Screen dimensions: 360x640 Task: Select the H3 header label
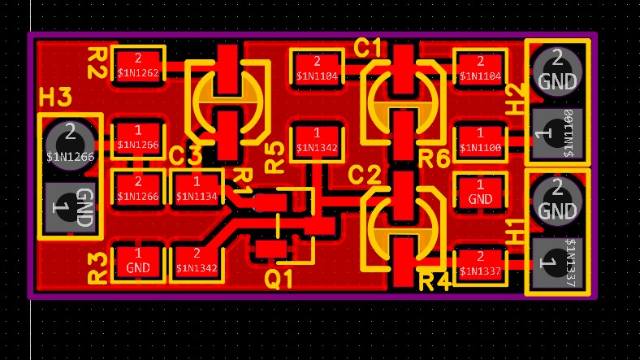(x=56, y=98)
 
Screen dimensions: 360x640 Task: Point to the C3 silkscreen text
(x=185, y=154)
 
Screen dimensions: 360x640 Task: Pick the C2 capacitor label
(x=364, y=175)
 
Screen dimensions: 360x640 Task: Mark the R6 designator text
(x=434, y=159)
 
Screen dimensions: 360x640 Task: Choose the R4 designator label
(x=435, y=283)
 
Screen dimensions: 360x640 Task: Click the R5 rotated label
(x=275, y=156)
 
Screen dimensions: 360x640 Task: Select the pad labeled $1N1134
(x=197, y=189)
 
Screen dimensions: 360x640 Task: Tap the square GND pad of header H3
(x=70, y=208)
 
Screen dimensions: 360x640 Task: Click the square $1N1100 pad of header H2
(x=557, y=132)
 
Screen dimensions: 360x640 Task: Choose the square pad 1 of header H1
(x=557, y=262)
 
